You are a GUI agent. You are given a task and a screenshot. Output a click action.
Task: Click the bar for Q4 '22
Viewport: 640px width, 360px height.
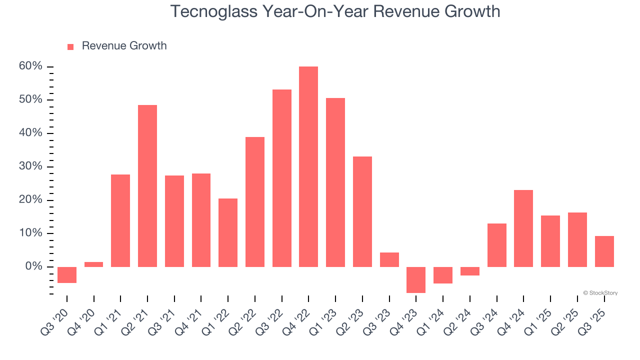(x=308, y=166)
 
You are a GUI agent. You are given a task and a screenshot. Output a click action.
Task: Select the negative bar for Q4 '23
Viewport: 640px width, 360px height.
(x=416, y=279)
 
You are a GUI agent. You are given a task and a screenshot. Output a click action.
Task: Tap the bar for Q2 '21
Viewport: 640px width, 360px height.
(x=147, y=185)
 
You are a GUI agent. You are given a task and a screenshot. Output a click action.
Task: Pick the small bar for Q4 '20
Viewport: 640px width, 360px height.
(x=93, y=264)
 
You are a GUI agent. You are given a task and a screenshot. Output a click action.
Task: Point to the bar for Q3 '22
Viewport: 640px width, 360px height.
(x=281, y=178)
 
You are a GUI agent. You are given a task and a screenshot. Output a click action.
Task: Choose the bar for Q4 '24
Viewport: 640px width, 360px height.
(x=523, y=228)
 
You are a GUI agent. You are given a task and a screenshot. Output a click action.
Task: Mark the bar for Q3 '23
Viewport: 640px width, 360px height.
(x=389, y=259)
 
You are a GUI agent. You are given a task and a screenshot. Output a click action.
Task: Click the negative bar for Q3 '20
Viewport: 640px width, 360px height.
(x=67, y=274)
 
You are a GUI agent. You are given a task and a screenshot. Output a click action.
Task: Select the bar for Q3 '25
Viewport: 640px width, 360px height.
(x=604, y=251)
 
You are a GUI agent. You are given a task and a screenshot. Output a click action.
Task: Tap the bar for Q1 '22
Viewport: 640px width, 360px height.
(x=228, y=232)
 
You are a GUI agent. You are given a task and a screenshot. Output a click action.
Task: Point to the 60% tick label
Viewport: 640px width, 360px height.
(x=31, y=66)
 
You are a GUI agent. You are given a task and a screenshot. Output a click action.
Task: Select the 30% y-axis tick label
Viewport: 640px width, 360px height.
(x=31, y=166)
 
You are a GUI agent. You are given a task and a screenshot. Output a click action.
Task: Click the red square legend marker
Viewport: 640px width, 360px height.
(x=70, y=46)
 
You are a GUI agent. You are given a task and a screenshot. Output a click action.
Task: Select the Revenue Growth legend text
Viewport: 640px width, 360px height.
(x=124, y=46)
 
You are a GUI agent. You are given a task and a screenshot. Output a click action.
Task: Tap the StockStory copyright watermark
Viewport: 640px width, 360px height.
(x=600, y=293)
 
